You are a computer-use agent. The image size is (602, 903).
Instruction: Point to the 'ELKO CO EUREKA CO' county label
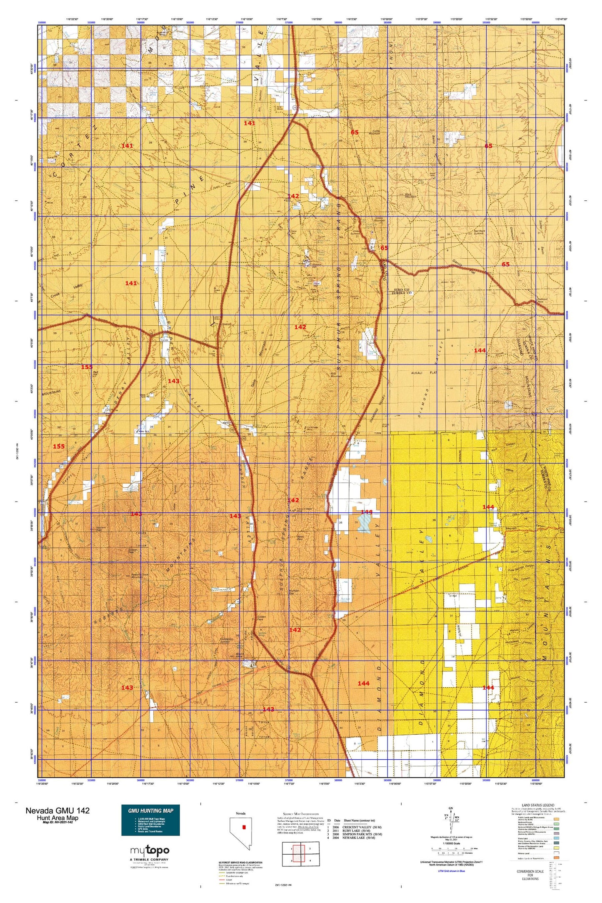coord(400,291)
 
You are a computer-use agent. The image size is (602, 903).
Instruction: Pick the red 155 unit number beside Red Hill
coord(87,367)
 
